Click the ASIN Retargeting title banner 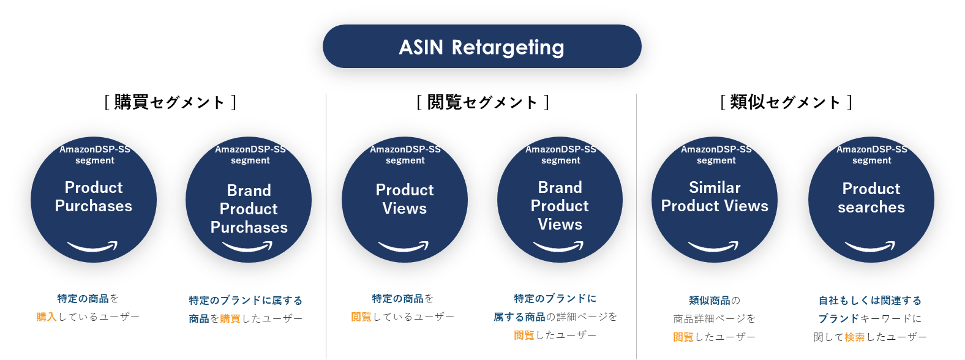(x=482, y=47)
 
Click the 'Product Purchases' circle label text (x=94, y=197)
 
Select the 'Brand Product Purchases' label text (x=249, y=209)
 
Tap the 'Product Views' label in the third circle (x=405, y=199)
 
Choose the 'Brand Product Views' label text (x=560, y=206)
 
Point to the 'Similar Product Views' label (x=715, y=197)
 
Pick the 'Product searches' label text (x=871, y=198)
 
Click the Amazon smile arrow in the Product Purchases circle (x=92, y=246)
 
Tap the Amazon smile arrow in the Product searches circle (x=869, y=246)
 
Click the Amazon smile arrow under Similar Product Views (x=713, y=246)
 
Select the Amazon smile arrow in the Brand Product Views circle (x=558, y=246)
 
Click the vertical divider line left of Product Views (x=326, y=227)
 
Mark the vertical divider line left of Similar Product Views (x=636, y=227)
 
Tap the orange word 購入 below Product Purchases (x=47, y=317)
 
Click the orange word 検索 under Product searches (x=854, y=337)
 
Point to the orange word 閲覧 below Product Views (x=361, y=317)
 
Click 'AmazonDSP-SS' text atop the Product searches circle (x=872, y=149)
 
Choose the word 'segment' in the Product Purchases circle (x=95, y=160)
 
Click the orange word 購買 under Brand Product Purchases (x=230, y=319)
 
